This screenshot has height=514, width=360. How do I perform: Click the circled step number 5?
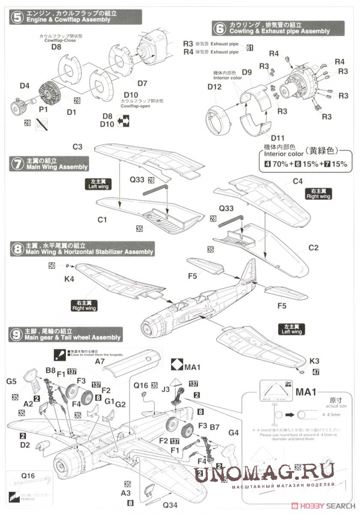17,17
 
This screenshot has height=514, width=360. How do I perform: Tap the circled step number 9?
17,334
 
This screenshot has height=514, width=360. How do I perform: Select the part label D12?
214,87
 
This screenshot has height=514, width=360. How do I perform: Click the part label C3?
77,147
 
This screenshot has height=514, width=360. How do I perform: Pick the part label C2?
313,247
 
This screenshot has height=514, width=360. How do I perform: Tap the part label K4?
69,278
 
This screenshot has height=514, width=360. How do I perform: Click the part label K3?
314,361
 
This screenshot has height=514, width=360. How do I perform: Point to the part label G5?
12,380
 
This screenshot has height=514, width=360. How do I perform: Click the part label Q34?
167,504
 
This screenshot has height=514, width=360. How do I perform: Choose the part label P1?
43,108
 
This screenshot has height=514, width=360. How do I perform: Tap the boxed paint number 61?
250,48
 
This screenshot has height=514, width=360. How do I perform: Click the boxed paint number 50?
52,266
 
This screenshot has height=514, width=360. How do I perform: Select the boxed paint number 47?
316,373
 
